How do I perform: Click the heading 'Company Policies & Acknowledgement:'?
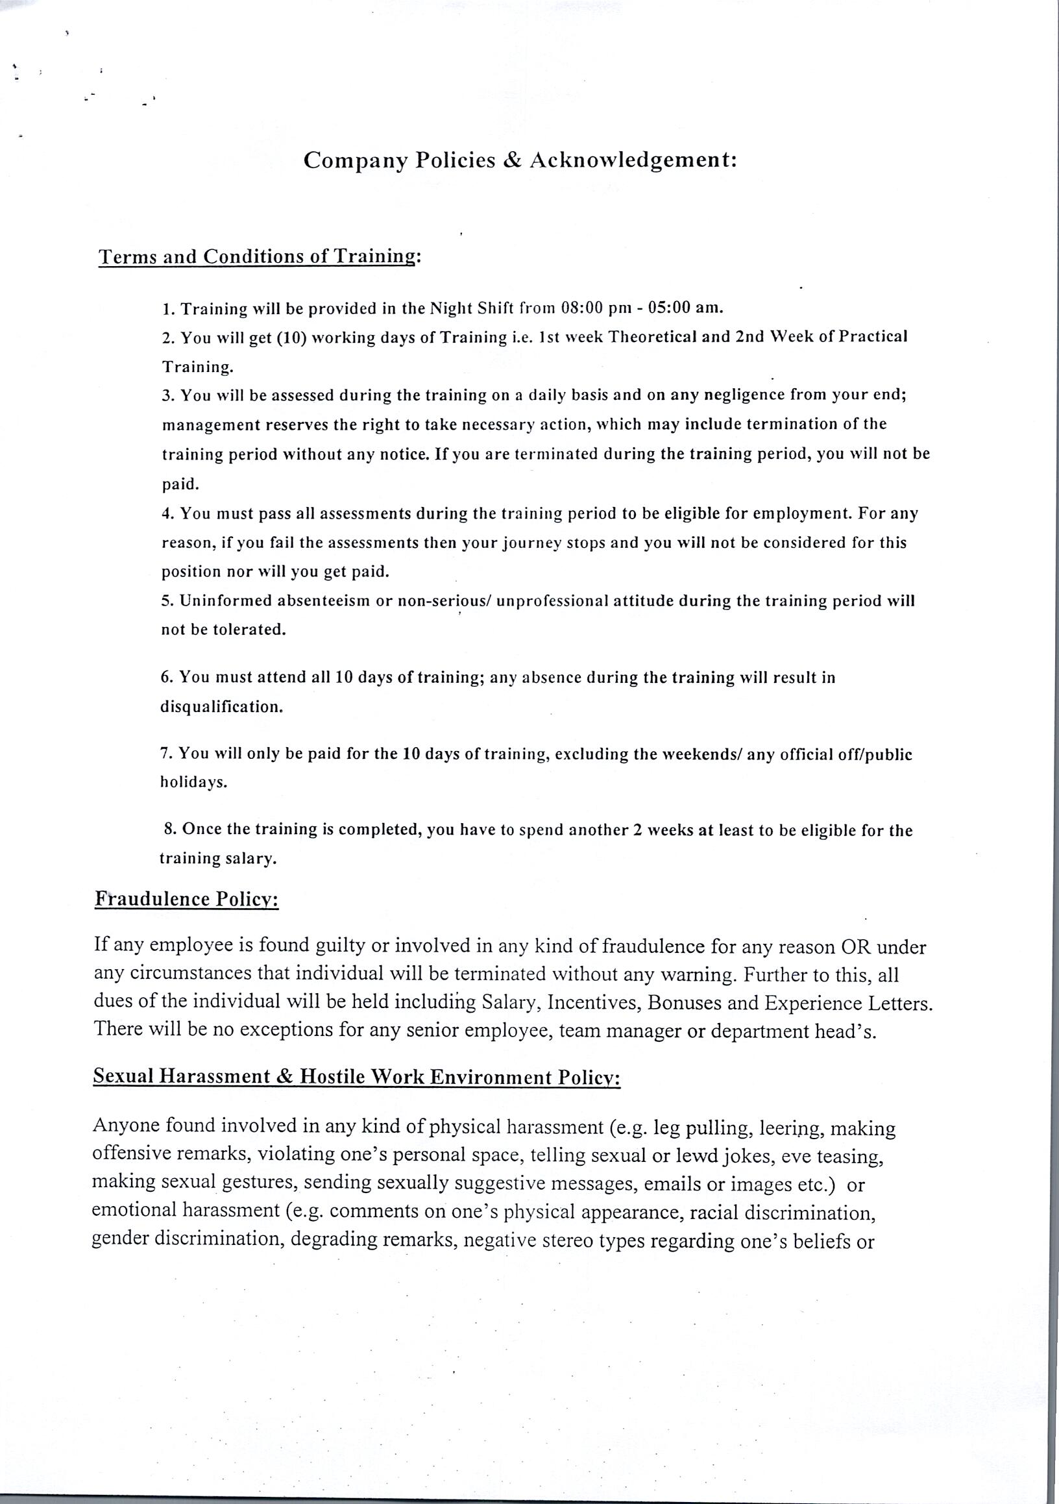(520, 160)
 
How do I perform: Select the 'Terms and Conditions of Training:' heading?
(259, 256)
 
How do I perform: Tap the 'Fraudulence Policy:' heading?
(187, 899)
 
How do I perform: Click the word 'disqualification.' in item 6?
(221, 708)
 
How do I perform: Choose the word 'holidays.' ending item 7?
(194, 783)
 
